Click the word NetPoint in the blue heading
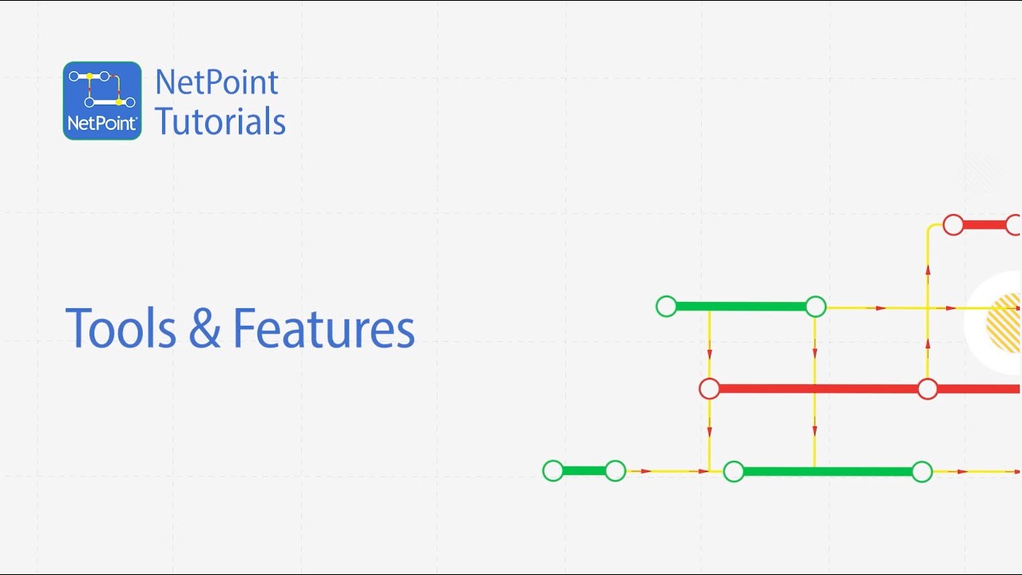click(216, 82)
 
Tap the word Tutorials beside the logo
click(220, 121)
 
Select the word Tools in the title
click(120, 328)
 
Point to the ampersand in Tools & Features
click(205, 329)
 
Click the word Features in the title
click(323, 328)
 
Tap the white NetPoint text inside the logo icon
click(102, 123)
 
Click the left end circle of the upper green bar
click(667, 306)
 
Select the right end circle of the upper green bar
click(815, 306)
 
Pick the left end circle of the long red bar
click(709, 389)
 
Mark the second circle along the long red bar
click(927, 389)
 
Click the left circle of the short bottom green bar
click(553, 471)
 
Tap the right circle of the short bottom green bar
click(615, 471)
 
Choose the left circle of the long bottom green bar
click(734, 471)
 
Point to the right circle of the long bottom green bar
click(922, 471)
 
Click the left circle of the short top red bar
click(953, 225)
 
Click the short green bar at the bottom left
click(584, 471)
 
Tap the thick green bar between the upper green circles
click(741, 306)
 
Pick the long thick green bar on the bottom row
click(828, 471)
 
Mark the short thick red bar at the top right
click(984, 225)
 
